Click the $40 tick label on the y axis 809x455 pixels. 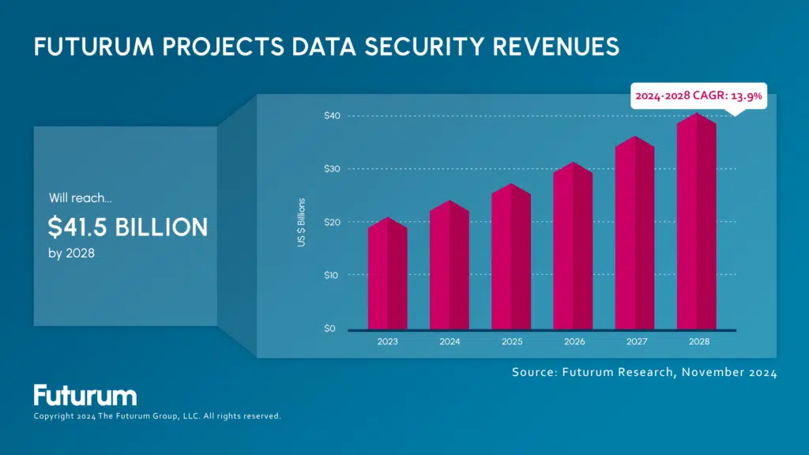332,116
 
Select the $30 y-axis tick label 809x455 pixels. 332,169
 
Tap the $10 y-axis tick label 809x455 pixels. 332,275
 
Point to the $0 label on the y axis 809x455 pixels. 329,329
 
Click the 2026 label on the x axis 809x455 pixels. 573,343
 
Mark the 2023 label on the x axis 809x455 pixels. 387,343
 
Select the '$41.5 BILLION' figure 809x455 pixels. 128,227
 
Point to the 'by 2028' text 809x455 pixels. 72,254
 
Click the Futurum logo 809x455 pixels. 85,395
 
